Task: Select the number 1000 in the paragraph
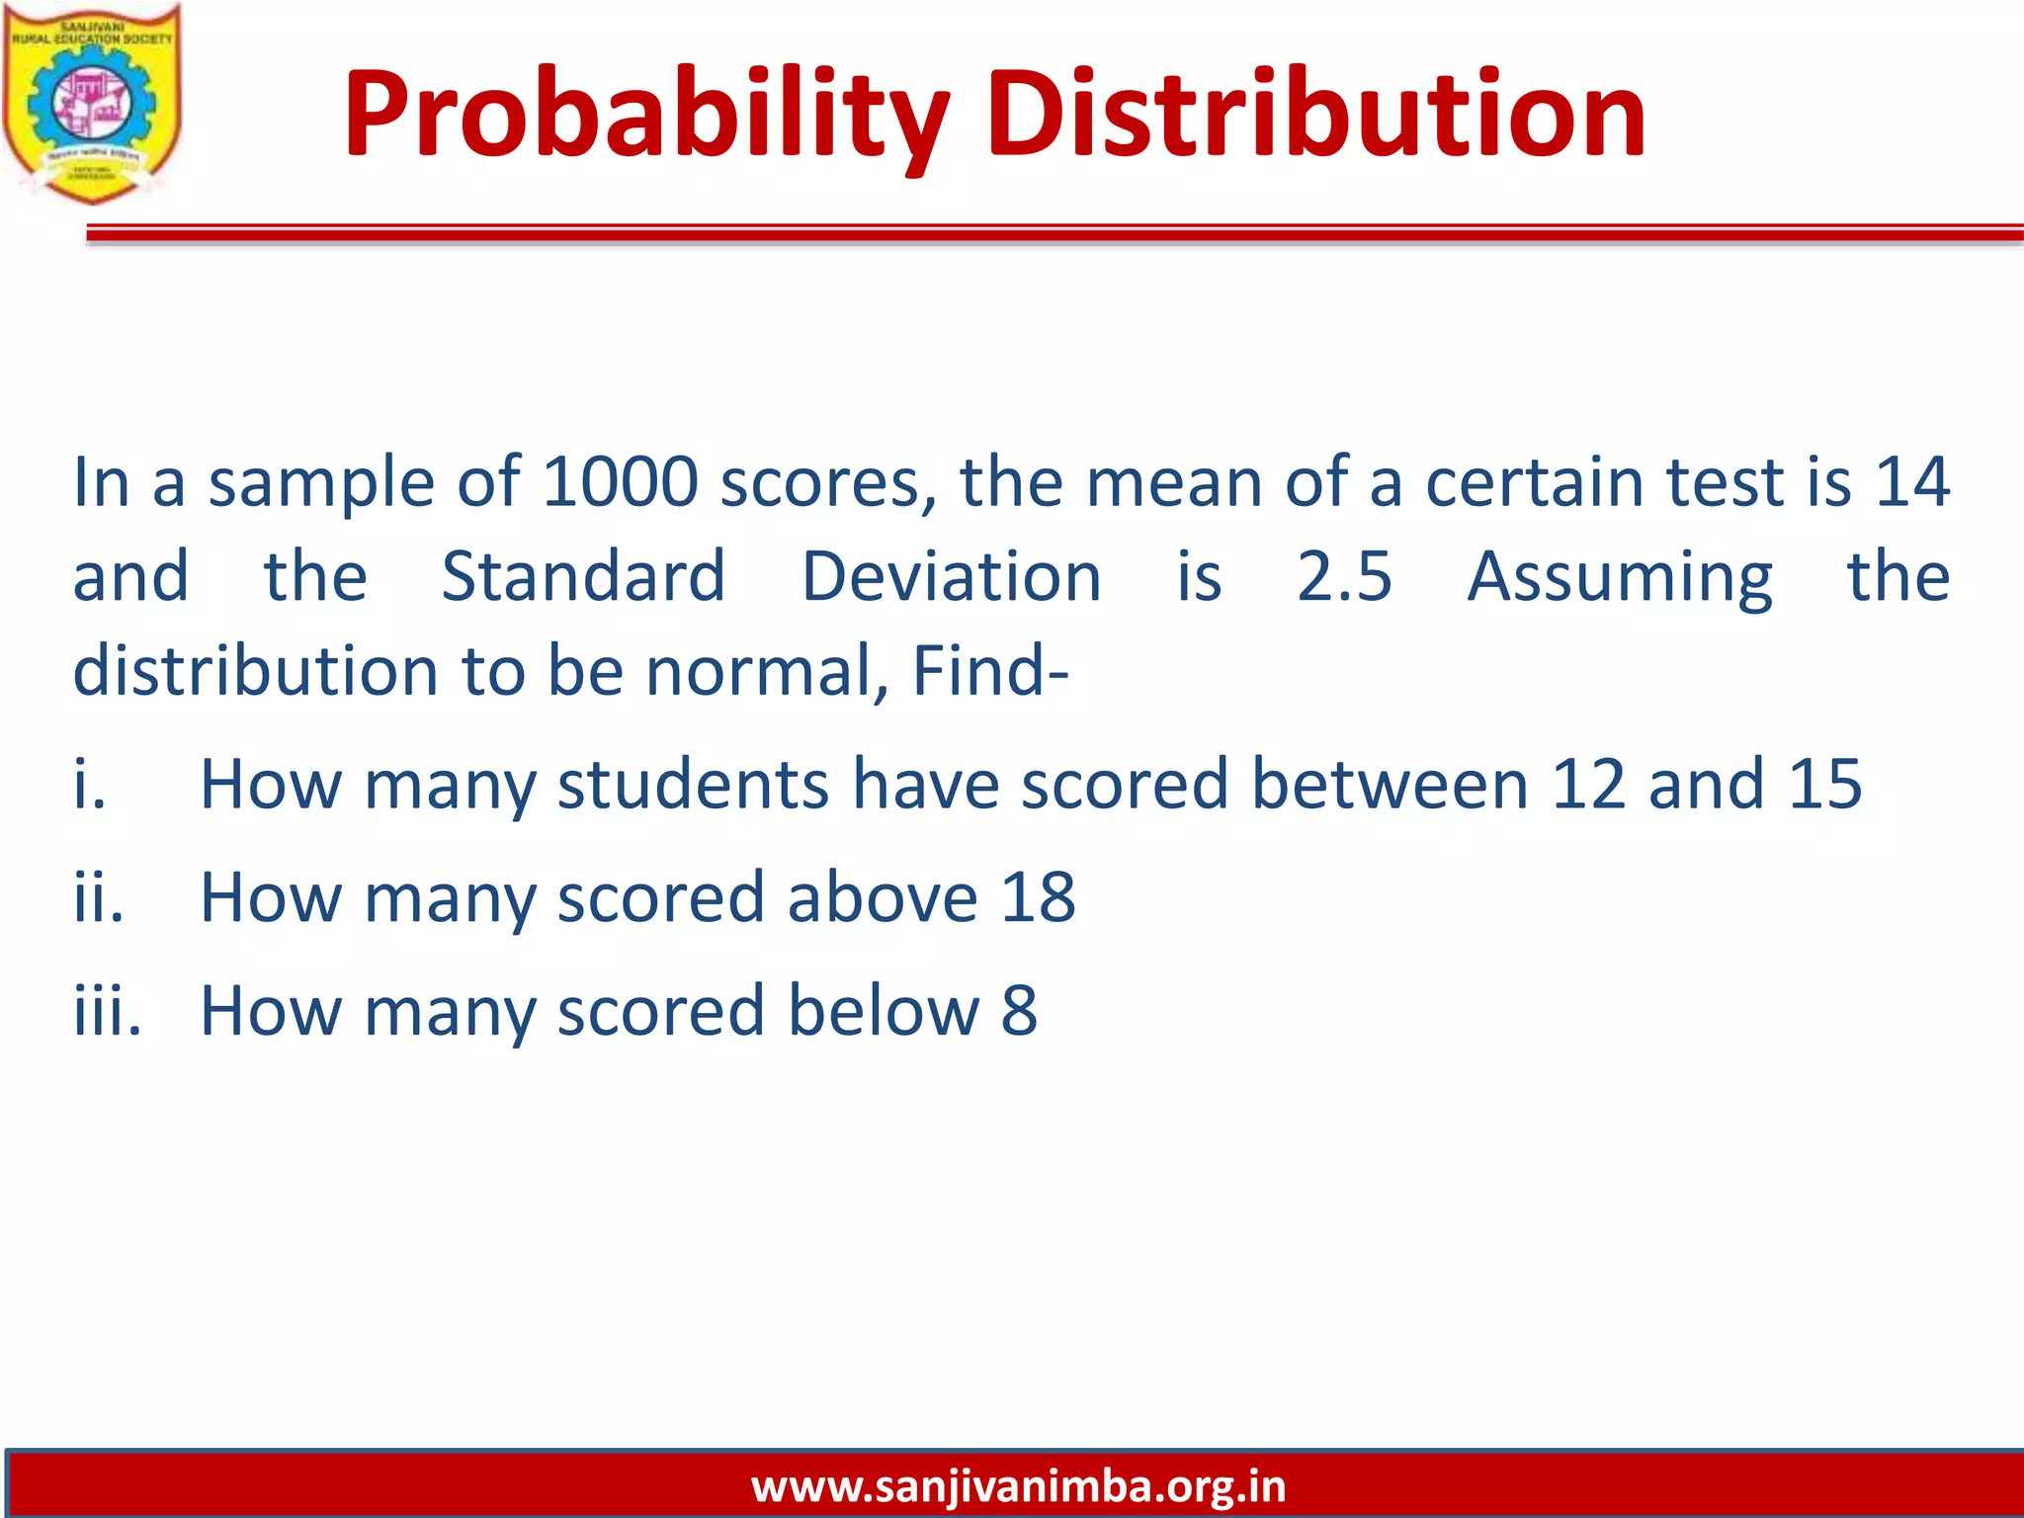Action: (x=621, y=483)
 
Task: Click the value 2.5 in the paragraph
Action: (x=1344, y=577)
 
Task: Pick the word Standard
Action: (x=583, y=577)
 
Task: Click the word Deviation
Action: (x=951, y=577)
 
